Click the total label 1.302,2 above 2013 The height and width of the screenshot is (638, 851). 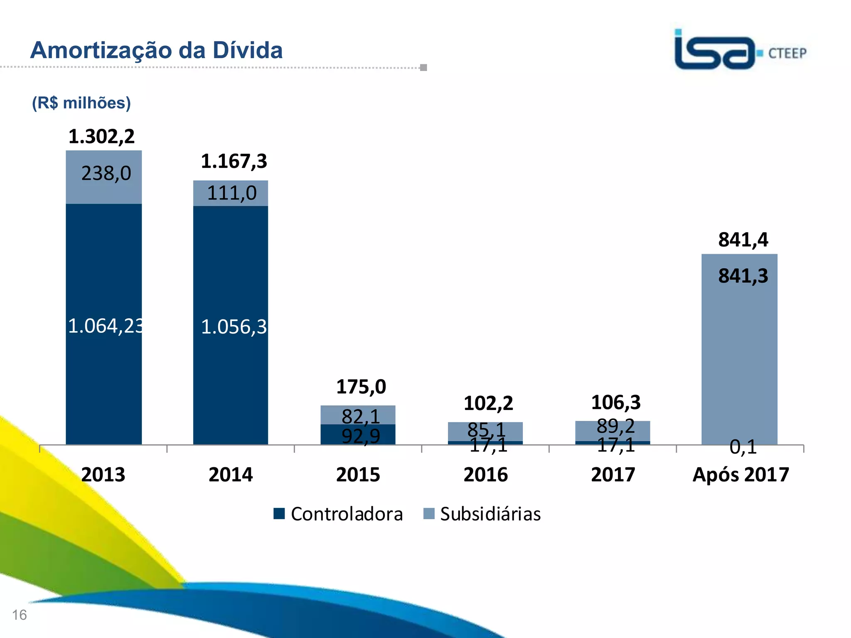tap(101, 137)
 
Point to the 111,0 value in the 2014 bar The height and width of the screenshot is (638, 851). tap(231, 193)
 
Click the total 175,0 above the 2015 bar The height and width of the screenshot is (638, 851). tap(361, 387)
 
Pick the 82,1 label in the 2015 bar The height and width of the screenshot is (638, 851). tap(360, 416)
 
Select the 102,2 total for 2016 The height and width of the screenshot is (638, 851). tap(488, 403)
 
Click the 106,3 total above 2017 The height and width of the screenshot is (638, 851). tap(615, 402)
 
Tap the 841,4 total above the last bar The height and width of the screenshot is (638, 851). tap(743, 240)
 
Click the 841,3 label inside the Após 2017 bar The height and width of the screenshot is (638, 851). tap(743, 276)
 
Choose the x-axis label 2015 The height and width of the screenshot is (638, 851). tap(358, 475)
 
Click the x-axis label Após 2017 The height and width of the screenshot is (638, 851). tap(740, 475)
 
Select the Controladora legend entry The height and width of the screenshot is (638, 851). tap(339, 514)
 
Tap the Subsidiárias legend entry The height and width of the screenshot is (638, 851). tap(482, 514)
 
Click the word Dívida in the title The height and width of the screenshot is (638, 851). tap(248, 50)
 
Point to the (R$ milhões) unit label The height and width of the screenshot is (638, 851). tap(81, 103)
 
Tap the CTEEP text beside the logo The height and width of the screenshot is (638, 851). tap(787, 54)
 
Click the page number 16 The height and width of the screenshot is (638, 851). tap(20, 615)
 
